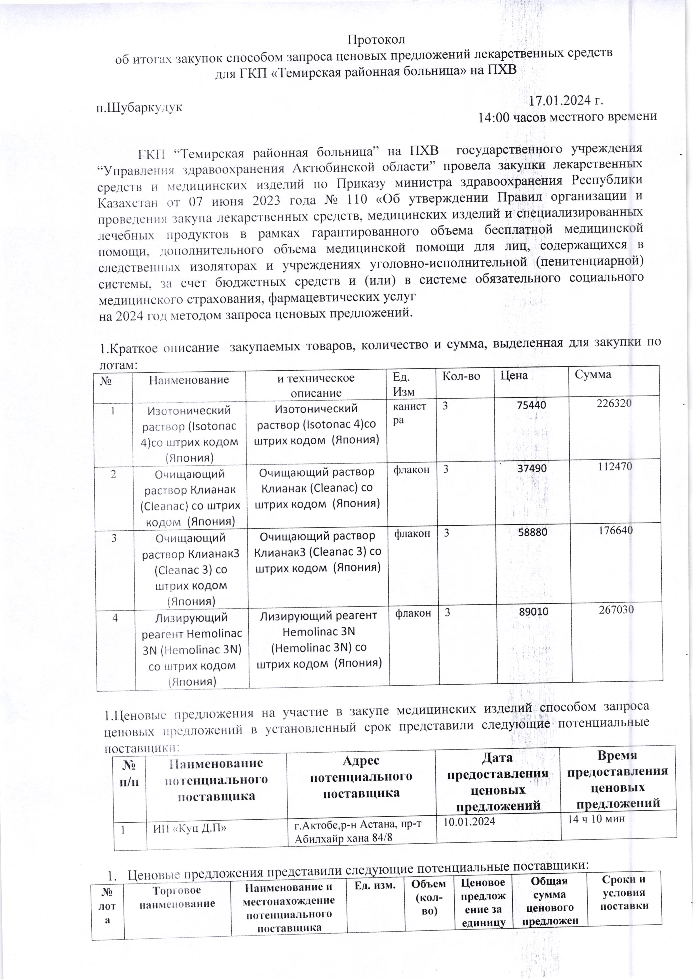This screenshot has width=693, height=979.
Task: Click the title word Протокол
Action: coord(376,39)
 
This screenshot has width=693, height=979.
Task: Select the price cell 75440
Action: coord(531,405)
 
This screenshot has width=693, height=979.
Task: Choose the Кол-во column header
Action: coord(461,376)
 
